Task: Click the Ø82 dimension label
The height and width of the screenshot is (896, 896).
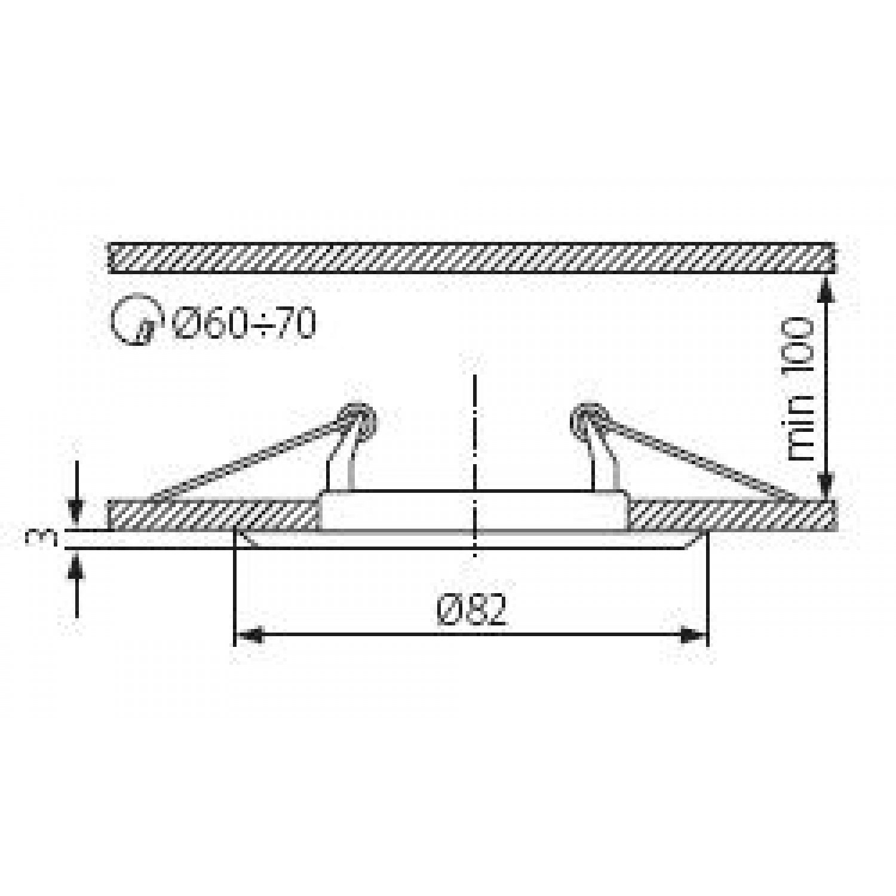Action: pyautogui.click(x=472, y=610)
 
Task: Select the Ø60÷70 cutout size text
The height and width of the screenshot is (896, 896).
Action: pyautogui.click(x=244, y=324)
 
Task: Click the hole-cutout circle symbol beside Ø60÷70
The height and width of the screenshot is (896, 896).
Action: pyautogui.click(x=136, y=320)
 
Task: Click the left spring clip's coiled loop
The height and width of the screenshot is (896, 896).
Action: pyautogui.click(x=357, y=418)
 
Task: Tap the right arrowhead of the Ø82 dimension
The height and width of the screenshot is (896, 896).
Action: pyautogui.click(x=694, y=635)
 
